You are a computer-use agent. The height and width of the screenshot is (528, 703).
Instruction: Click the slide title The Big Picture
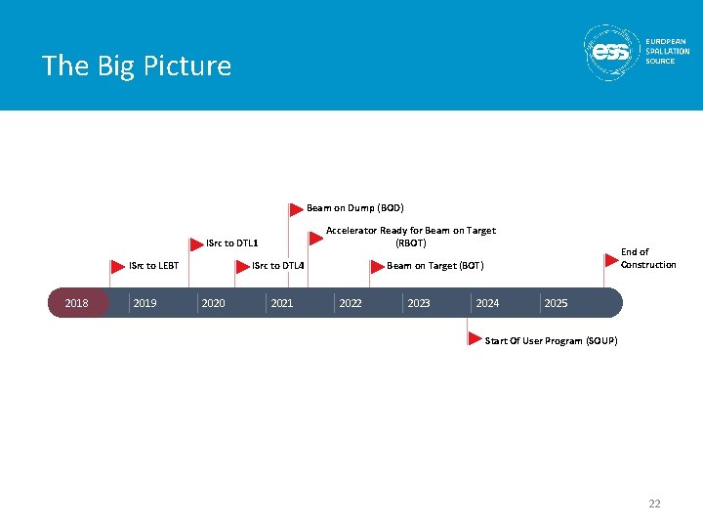(x=137, y=66)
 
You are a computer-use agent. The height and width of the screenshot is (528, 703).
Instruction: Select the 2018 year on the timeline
(x=76, y=303)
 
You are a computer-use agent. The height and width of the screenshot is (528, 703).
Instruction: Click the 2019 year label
(x=145, y=303)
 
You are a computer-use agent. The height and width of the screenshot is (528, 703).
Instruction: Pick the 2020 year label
(x=213, y=303)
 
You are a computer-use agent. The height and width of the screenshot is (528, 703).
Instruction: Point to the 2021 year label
(x=281, y=303)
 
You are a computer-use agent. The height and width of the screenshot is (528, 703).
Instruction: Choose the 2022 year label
(x=350, y=303)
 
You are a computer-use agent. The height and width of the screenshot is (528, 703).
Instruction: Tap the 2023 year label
(x=418, y=303)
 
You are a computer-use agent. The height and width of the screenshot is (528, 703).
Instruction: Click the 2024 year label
(x=486, y=303)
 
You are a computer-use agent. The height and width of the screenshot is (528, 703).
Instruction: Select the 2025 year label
(x=556, y=303)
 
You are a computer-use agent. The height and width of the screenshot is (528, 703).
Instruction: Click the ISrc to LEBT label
(x=154, y=265)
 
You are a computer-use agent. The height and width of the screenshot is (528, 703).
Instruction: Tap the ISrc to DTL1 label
(x=231, y=243)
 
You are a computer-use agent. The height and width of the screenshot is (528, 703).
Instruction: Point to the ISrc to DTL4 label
(x=278, y=265)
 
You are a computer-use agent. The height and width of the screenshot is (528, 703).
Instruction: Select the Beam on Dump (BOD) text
(x=354, y=207)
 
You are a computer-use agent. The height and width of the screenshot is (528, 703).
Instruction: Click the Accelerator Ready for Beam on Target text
(x=410, y=236)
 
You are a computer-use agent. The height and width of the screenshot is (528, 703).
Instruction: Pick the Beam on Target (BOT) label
(x=435, y=265)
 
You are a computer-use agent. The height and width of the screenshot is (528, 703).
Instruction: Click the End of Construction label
(x=647, y=258)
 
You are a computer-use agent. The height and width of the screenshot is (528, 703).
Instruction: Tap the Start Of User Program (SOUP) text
(x=551, y=340)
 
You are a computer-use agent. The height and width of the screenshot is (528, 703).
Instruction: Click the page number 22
(x=654, y=504)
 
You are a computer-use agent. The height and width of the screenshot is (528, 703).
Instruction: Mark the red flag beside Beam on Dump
(x=296, y=208)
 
